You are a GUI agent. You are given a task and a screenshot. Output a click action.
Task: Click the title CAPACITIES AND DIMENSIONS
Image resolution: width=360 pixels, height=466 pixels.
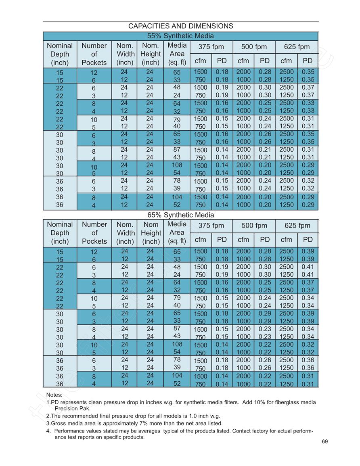(x=180, y=26)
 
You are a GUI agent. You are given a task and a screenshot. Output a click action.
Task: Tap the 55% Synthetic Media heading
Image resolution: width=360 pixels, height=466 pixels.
(x=180, y=36)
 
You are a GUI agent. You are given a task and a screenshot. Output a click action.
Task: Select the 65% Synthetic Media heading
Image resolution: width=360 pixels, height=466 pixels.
(x=180, y=215)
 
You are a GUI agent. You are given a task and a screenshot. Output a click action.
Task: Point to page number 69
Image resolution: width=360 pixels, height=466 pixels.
(x=324, y=442)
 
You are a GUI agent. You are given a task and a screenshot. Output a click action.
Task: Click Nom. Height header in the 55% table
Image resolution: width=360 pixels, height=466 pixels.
(x=151, y=54)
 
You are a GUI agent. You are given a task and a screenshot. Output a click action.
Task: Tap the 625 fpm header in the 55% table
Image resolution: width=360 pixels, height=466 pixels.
(x=297, y=47)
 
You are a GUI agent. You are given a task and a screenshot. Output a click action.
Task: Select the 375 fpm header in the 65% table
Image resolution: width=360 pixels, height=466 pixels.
(x=211, y=226)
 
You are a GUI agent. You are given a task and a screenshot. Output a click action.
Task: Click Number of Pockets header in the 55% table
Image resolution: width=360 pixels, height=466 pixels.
(x=94, y=54)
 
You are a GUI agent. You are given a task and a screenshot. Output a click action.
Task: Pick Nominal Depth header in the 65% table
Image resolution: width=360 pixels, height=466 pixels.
(x=60, y=233)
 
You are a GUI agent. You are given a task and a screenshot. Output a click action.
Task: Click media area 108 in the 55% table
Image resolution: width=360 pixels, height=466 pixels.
(x=177, y=165)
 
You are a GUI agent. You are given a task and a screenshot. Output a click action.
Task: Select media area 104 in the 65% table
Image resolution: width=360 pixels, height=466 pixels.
(x=177, y=375)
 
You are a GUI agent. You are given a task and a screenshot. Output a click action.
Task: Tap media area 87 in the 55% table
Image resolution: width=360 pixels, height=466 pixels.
(x=177, y=150)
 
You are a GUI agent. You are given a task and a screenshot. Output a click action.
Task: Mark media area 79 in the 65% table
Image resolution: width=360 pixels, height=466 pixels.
(x=177, y=298)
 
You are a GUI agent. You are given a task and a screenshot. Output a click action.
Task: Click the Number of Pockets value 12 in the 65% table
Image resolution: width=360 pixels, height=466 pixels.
(x=94, y=252)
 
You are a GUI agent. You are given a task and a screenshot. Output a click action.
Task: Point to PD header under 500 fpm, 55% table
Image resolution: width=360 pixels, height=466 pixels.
(x=265, y=61)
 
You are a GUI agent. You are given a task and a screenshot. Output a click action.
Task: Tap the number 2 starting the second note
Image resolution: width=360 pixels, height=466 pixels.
(x=48, y=416)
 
